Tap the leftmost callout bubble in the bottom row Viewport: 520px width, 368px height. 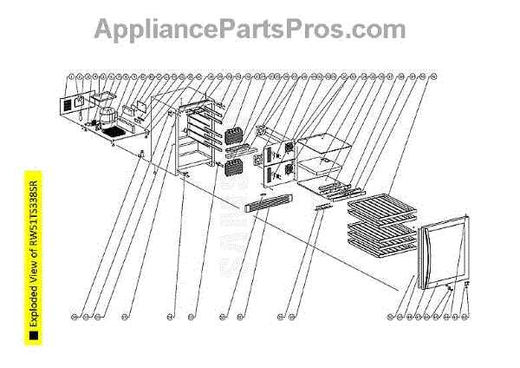point(75,316)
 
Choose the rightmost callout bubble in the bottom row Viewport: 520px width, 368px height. point(465,316)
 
